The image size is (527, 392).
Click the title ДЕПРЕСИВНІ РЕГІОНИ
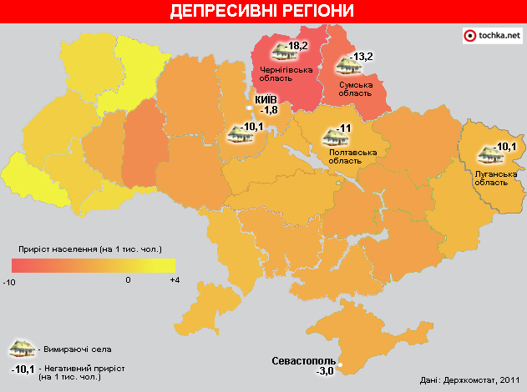click(262, 11)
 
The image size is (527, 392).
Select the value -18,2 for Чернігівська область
click(298, 46)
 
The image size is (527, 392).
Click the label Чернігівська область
click(286, 74)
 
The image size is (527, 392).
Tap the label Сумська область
click(355, 89)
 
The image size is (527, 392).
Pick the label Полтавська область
click(353, 156)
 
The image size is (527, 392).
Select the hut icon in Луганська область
click(486, 154)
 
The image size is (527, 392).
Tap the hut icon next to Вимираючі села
click(20, 349)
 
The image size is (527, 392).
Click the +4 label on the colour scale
click(175, 280)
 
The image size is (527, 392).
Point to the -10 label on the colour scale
click(9, 281)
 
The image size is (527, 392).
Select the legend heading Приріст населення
click(90, 249)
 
